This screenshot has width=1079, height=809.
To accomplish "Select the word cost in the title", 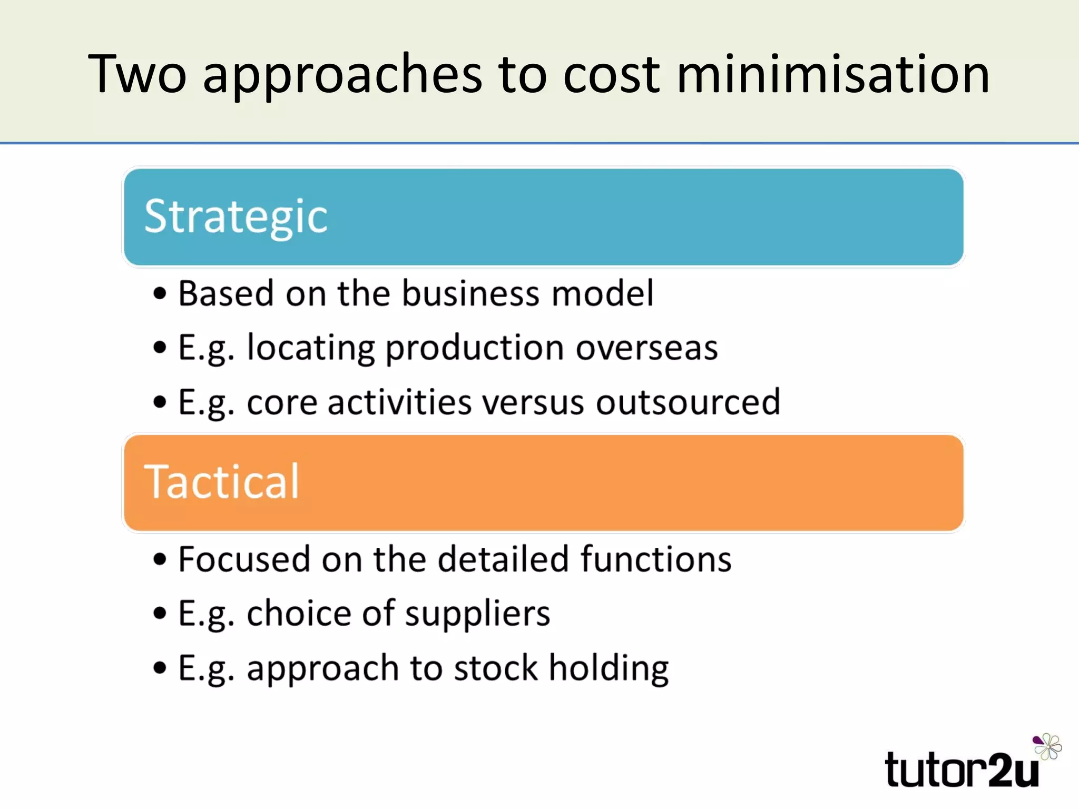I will tap(611, 75).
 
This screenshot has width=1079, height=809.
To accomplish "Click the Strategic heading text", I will tap(236, 217).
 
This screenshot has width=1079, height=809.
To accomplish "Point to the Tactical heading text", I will tap(222, 482).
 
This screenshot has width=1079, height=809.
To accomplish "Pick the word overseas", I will tap(646, 348).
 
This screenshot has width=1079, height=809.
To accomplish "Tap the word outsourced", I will tap(688, 402).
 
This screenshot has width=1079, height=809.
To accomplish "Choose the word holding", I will tap(609, 669).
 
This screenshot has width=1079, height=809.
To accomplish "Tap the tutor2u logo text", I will tap(962, 770).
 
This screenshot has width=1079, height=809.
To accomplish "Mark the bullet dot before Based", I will tap(160, 293).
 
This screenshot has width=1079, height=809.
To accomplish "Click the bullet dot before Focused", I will tap(160, 559).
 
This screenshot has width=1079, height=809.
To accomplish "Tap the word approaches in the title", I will tap(342, 75).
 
